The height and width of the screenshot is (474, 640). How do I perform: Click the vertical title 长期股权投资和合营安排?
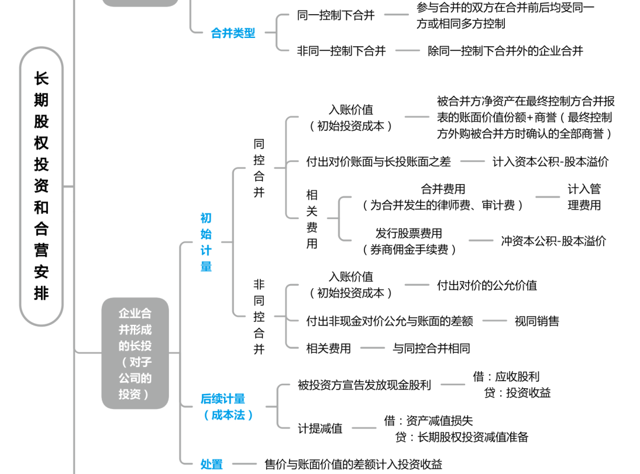41,186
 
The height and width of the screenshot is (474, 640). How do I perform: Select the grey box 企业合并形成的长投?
135,353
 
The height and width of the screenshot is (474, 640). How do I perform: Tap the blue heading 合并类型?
233,33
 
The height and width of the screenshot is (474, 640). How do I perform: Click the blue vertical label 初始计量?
206,242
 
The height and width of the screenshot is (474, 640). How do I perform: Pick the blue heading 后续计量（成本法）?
227,407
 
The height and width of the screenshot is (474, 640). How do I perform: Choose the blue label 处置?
212,464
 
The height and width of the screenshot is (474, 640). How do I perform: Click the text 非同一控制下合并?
341,51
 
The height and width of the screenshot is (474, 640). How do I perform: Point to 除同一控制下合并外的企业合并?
505,51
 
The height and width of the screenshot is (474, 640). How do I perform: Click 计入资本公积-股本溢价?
551,162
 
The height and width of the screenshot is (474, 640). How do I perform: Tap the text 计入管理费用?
584,197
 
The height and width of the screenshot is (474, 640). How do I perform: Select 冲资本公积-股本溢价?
553,241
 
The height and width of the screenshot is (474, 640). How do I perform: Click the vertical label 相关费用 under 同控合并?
312,219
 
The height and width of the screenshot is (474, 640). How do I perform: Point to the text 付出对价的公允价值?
487,285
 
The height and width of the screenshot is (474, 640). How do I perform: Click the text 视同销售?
537,321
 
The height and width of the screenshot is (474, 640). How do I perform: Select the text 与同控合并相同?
431,349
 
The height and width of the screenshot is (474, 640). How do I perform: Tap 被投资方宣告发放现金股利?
364,385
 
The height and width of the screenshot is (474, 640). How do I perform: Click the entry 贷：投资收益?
517,392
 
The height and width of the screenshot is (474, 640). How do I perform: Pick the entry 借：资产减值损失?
428,421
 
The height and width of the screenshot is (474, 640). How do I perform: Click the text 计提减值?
320,428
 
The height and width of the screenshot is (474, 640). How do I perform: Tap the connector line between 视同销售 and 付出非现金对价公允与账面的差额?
494,321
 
